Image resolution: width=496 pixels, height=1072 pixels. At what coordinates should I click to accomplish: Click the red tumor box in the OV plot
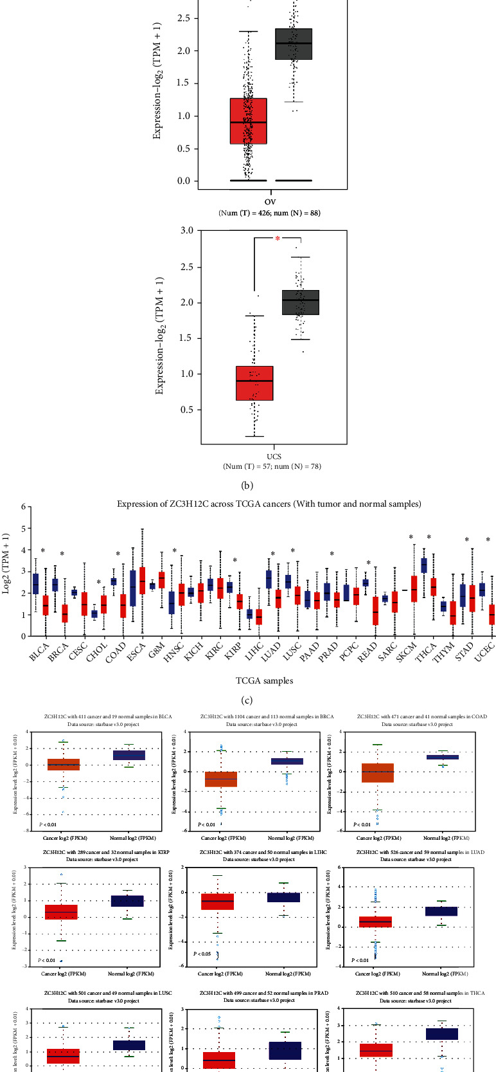248,121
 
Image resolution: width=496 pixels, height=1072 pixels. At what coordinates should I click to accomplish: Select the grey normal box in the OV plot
294,44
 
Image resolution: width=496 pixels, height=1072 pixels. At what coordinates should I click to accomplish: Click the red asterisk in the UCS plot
278,239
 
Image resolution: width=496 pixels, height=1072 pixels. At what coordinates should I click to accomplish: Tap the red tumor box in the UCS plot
254,383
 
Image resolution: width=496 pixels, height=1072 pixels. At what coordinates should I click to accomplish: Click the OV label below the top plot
270,201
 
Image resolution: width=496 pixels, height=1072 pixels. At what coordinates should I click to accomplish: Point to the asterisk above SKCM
411,538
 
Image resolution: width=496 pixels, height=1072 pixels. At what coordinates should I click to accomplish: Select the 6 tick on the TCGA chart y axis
22,507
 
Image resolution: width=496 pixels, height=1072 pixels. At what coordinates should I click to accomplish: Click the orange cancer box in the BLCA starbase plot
63,765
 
